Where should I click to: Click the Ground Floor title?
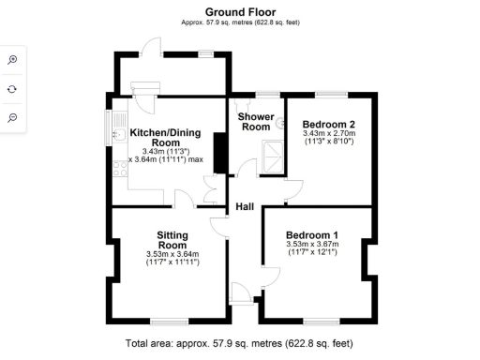(239, 12)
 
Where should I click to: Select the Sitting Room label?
(172, 239)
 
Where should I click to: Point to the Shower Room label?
(255, 122)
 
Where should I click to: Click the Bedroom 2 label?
(328, 124)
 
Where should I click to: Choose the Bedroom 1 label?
(312, 234)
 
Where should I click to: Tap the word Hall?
(245, 206)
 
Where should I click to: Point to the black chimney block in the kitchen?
(219, 154)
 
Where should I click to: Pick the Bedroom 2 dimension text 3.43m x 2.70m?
(329, 134)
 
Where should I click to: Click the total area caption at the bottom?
(239, 344)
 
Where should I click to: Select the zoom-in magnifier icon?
(13, 59)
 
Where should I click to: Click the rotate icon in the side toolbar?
(13, 88)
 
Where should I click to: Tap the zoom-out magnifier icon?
(13, 117)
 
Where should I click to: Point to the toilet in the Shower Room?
(280, 122)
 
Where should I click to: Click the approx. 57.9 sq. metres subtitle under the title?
(239, 23)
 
